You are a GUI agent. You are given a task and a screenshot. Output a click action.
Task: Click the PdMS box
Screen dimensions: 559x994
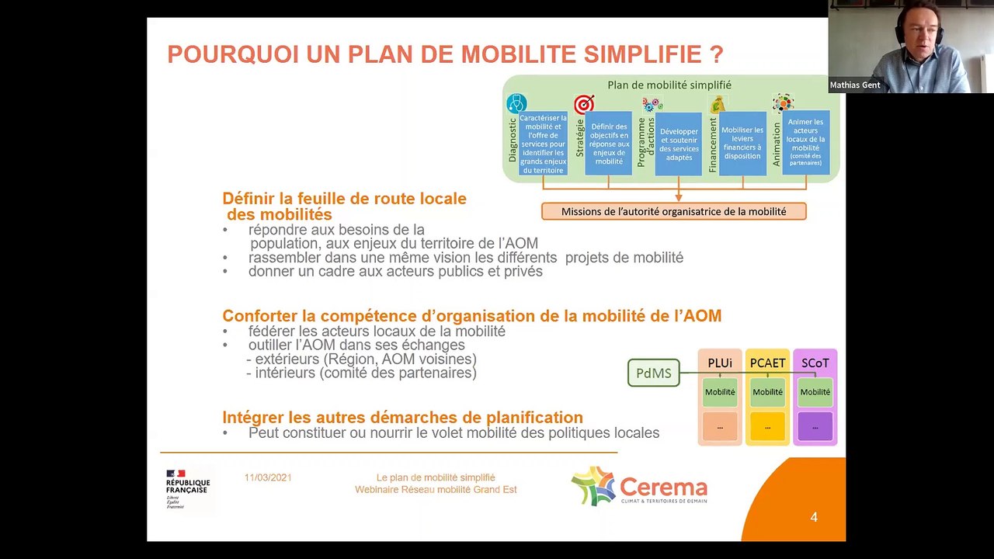(653, 373)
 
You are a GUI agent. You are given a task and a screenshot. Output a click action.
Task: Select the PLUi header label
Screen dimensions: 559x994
(720, 363)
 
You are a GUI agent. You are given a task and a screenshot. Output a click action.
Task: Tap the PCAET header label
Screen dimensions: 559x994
(767, 363)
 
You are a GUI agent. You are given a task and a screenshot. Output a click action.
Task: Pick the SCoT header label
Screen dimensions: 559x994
(815, 363)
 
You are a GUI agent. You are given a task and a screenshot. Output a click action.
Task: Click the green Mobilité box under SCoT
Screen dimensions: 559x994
(815, 392)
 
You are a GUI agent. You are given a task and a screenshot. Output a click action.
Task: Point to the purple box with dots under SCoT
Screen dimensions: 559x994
(815, 426)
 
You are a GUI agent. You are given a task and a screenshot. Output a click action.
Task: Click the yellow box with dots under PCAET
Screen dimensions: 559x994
(767, 426)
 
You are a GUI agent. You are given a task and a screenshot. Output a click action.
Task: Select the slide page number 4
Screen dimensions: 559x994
(813, 517)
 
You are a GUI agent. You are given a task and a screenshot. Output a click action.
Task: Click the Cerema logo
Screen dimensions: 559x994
(639, 488)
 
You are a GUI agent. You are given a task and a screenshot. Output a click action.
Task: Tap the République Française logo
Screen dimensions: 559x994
(186, 488)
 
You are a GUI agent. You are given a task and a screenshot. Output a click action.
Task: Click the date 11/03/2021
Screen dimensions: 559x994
(268, 477)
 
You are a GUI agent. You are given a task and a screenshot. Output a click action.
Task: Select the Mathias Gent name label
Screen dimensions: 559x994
(855, 85)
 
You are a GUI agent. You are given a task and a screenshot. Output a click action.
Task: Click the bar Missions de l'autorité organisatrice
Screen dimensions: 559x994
(673, 211)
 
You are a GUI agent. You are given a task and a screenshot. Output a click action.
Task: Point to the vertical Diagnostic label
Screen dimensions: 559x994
(513, 140)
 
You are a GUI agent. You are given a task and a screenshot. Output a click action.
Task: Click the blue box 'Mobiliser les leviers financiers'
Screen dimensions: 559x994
(742, 143)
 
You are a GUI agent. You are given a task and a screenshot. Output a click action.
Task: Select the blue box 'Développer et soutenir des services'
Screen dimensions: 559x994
(679, 144)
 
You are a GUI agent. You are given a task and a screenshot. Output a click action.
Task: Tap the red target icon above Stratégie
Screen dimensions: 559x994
(584, 104)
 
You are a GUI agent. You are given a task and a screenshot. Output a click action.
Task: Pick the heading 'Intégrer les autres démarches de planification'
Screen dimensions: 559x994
(402, 418)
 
